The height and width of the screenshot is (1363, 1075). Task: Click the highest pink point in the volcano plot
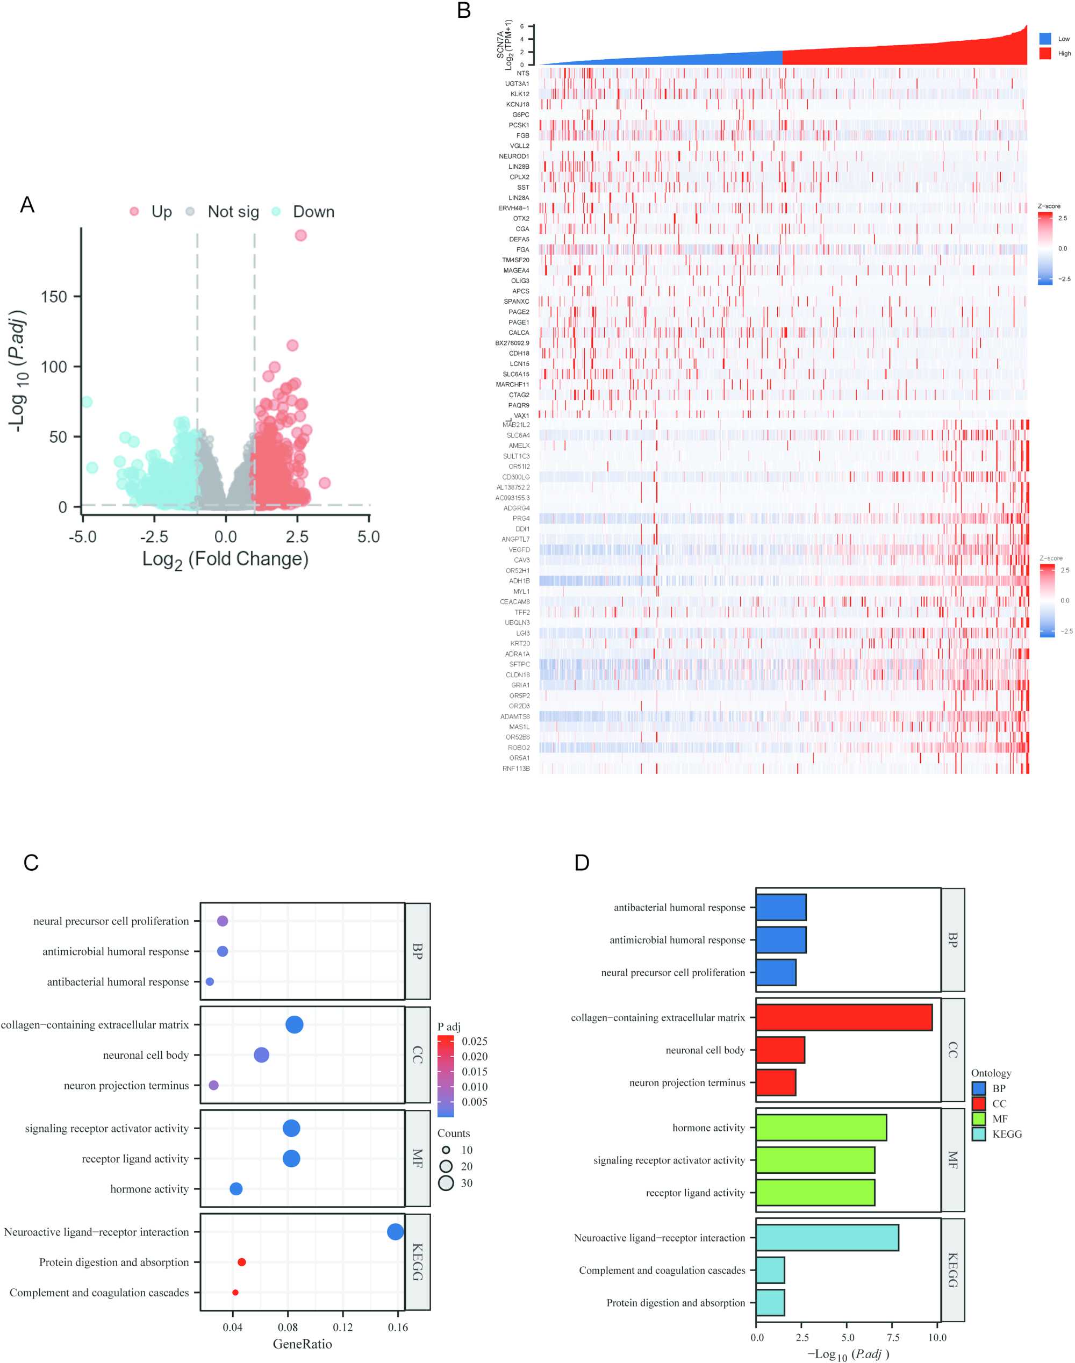tap(300, 235)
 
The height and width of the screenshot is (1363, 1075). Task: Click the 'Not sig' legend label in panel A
tap(233, 212)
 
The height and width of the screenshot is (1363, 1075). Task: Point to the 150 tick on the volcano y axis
tap(54, 296)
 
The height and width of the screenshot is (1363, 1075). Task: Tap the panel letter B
tap(464, 11)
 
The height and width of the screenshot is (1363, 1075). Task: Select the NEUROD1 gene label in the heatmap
tap(514, 156)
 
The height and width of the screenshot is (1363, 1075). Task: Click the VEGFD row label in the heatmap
tap(519, 549)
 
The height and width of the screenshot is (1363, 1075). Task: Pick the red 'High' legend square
tap(1045, 54)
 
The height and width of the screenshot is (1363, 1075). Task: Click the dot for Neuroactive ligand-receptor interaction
tap(395, 1231)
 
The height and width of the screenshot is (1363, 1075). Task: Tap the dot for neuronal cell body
tap(261, 1054)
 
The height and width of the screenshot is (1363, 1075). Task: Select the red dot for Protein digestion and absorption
tap(242, 1261)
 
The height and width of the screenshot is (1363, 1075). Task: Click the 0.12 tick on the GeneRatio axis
tap(342, 1326)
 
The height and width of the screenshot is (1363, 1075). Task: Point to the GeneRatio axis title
tap(302, 1344)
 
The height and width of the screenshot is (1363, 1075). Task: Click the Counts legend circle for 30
tap(446, 1182)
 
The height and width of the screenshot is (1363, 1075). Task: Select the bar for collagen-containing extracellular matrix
tap(843, 1017)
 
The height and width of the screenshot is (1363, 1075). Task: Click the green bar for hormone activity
tap(821, 1127)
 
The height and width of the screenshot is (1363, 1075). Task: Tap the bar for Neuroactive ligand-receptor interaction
tap(827, 1237)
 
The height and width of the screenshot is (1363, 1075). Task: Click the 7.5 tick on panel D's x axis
tap(892, 1337)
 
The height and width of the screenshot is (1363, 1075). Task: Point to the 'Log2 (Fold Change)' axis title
tap(225, 559)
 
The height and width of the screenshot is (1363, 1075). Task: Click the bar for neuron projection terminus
tap(776, 1082)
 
